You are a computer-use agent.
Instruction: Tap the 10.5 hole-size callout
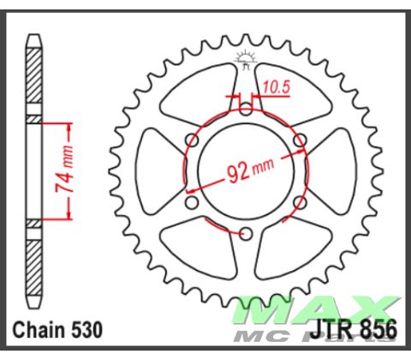pyautogui.click(x=277, y=86)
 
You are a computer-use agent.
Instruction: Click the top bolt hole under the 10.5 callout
pyautogui.click(x=246, y=109)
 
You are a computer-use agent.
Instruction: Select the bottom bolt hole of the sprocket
pyautogui.click(x=246, y=232)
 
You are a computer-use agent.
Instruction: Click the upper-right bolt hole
pyautogui.click(x=299, y=140)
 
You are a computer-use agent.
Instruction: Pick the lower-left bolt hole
pyautogui.click(x=193, y=201)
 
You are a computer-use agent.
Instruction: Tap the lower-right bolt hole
pyautogui.click(x=299, y=201)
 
